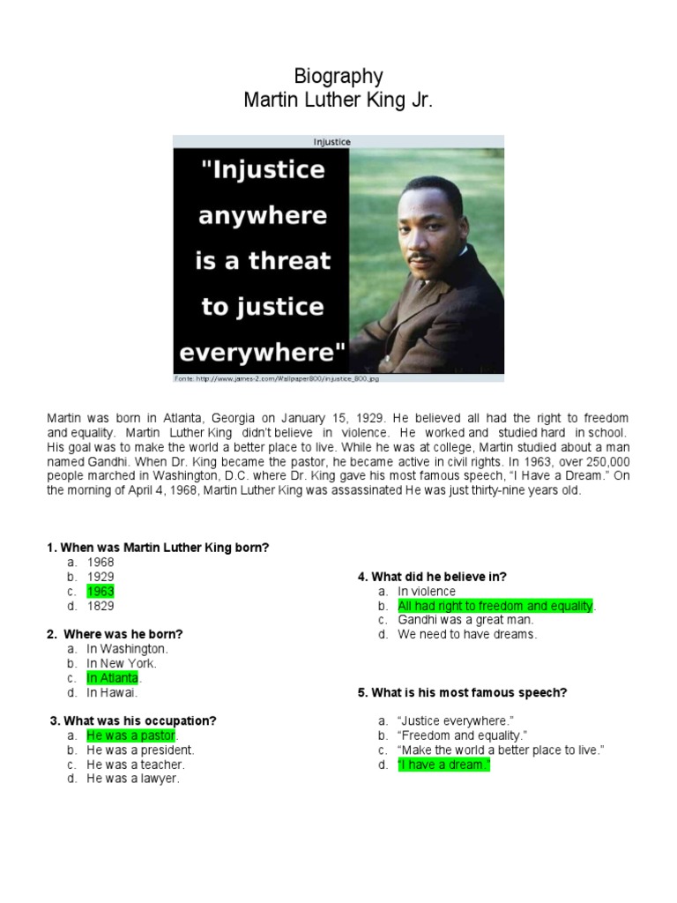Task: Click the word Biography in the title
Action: [x=338, y=77]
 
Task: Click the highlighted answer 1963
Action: [x=100, y=592]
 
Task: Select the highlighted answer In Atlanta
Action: [x=113, y=678]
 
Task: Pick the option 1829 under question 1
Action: [x=100, y=606]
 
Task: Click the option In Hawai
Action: [x=112, y=692]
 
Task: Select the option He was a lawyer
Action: [x=132, y=779]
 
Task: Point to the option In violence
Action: [x=427, y=592]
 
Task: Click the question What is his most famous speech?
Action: [x=462, y=692]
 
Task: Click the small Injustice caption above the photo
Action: [x=331, y=141]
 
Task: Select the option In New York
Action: [x=121, y=663]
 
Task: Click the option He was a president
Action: [x=140, y=750]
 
